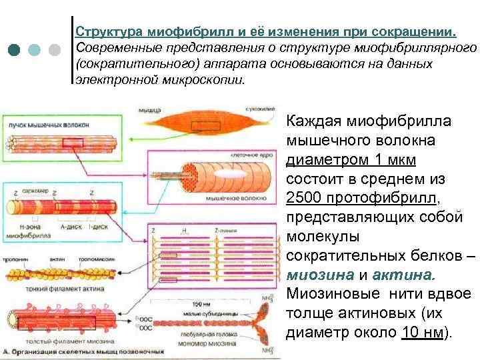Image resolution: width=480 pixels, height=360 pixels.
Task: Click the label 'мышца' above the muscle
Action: tap(149, 107)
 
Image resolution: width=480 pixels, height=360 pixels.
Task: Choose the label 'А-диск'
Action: tap(71, 226)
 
